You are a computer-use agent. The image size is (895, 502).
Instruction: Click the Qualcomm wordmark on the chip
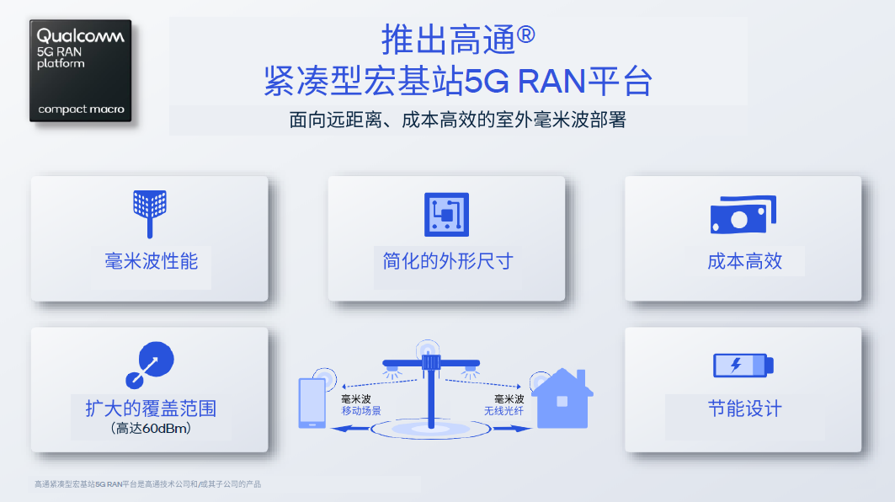(81, 36)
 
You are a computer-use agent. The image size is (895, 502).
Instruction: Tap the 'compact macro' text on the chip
(81, 109)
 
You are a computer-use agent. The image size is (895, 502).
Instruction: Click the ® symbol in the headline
(525, 35)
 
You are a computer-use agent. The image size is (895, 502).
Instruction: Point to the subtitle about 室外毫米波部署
(458, 120)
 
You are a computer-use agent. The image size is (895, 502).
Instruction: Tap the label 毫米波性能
(152, 262)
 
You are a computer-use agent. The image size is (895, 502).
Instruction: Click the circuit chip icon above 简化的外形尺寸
(446, 214)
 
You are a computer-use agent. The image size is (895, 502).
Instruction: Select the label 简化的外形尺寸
(448, 262)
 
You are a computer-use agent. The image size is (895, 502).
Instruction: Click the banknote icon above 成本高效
(743, 215)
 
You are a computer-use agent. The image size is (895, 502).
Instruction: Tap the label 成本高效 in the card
(744, 262)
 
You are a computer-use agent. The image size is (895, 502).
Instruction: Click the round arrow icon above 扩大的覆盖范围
(150, 365)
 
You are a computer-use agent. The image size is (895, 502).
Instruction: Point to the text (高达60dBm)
(151, 429)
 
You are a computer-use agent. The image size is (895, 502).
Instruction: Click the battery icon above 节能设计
(743, 366)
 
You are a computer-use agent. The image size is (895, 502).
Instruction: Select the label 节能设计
(745, 409)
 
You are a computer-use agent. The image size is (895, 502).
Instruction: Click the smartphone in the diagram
(312, 403)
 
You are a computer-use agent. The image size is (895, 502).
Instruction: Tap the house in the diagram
(562, 398)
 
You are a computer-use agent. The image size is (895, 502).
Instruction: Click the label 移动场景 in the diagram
(360, 411)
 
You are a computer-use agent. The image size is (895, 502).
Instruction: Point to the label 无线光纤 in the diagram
(503, 411)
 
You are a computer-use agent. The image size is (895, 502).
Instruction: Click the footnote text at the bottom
(148, 484)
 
